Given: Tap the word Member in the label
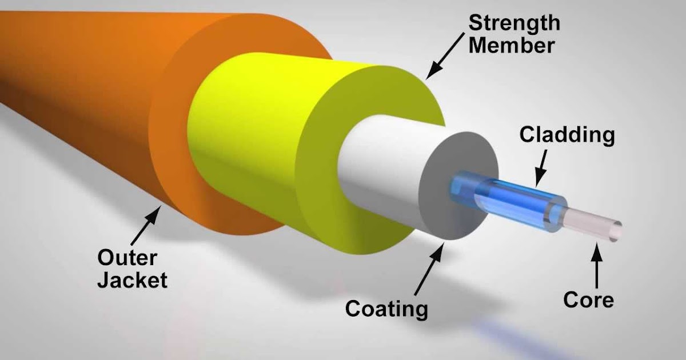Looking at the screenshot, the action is point(512,45).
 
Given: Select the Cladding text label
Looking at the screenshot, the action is point(567,135).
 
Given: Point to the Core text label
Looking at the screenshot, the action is point(588,299).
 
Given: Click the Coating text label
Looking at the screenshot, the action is point(386,309).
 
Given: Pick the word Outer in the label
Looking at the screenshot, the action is point(127,258).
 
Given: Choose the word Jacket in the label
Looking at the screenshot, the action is point(133,280).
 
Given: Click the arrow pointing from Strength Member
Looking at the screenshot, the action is point(445,56).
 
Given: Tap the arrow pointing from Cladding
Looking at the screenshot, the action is point(541,168).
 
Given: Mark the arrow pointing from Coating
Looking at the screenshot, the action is point(429,269).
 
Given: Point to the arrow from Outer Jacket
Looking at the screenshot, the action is point(146,226).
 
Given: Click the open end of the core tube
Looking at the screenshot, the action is point(616,232).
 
